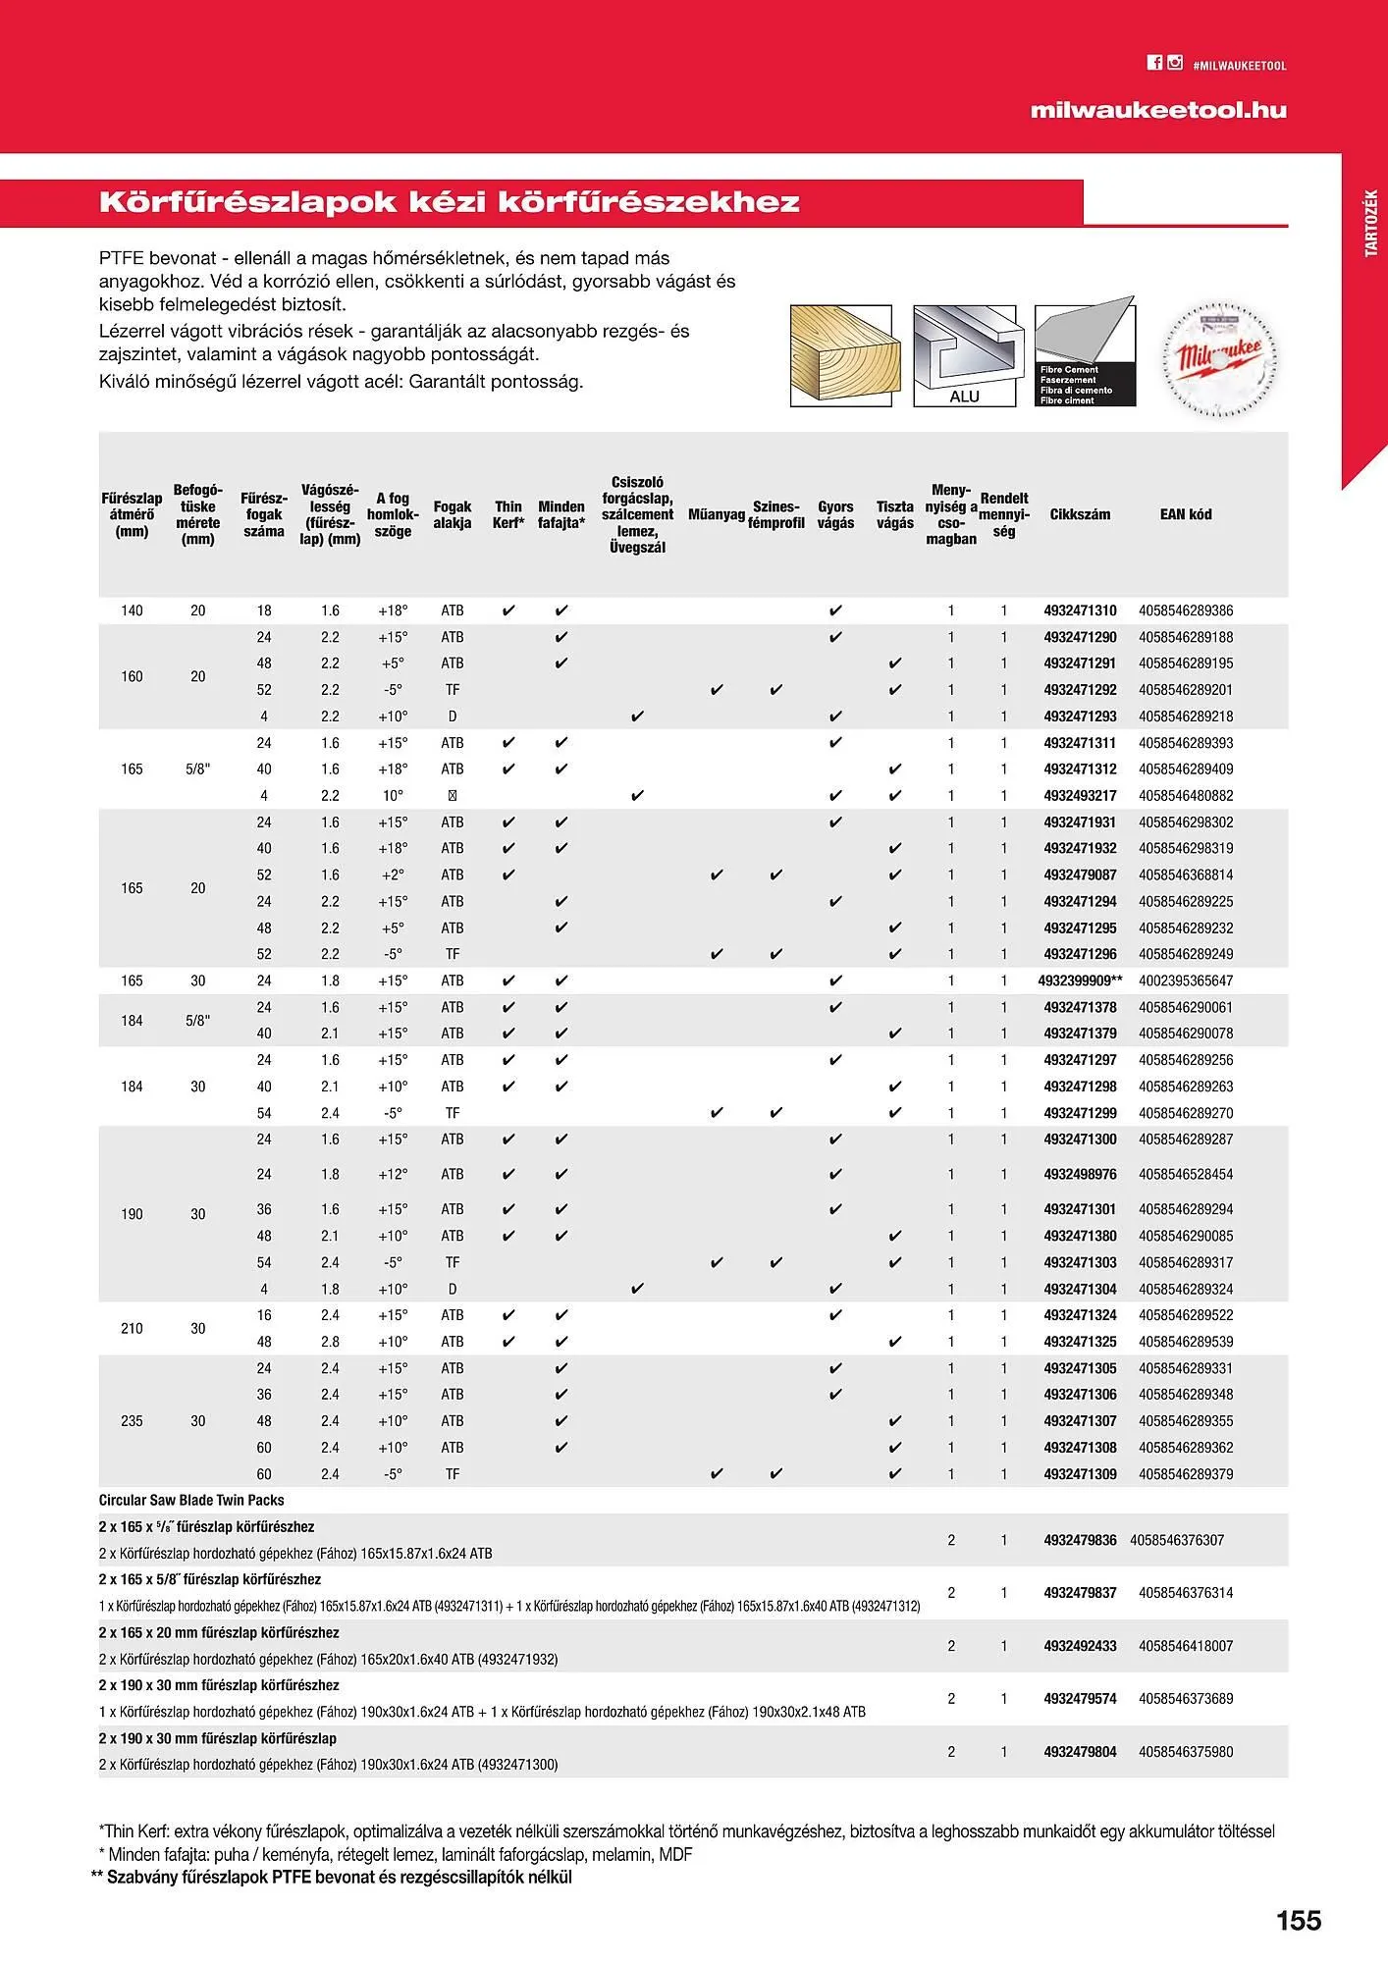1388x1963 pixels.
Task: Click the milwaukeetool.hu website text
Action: pos(1158,111)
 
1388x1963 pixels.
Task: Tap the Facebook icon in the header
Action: pos(1154,63)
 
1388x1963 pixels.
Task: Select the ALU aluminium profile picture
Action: pos(964,355)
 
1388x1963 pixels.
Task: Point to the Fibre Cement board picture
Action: pos(1085,355)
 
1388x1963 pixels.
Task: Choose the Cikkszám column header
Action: pos(1080,514)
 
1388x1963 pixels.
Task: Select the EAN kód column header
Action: pos(1186,514)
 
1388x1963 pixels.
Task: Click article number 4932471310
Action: pos(1080,610)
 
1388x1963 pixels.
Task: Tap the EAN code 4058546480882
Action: pos(1186,796)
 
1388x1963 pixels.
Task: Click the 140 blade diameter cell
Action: pos(132,610)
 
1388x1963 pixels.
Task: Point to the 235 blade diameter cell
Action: pos(132,1421)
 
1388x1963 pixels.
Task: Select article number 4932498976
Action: pos(1080,1174)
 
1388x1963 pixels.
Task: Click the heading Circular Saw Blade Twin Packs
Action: pos(191,1500)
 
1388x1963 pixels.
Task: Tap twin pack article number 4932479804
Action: pos(1080,1751)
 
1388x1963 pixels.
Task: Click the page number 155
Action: pos(1298,1921)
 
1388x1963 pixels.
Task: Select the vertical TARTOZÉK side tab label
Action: pos(1371,225)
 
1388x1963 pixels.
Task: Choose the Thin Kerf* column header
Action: pos(508,514)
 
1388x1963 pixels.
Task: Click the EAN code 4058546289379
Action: pos(1186,1474)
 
